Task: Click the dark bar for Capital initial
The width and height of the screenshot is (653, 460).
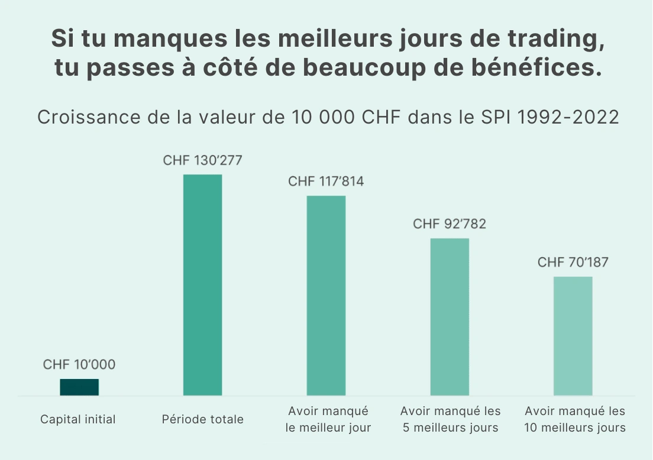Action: (79, 387)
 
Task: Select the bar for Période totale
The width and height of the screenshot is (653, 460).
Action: (202, 284)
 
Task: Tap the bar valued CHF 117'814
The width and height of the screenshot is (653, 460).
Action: (326, 295)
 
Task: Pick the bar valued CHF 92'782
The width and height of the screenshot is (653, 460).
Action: (450, 316)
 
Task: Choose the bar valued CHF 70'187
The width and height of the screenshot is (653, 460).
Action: (573, 335)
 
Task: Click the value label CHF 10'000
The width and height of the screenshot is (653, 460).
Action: (79, 365)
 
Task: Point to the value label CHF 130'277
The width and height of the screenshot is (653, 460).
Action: (202, 161)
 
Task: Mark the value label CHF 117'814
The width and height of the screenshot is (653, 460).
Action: (326, 182)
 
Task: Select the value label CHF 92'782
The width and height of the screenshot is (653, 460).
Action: (450, 224)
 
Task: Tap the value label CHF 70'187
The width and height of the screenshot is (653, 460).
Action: (573, 263)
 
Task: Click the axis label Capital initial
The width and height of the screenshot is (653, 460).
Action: (78, 420)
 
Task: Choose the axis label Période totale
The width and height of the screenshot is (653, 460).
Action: (202, 420)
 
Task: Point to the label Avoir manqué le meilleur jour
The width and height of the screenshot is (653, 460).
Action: (328, 419)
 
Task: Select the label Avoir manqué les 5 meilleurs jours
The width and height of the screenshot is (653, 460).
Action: (450, 419)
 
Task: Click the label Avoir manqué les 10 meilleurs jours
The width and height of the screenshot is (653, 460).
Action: (575, 419)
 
